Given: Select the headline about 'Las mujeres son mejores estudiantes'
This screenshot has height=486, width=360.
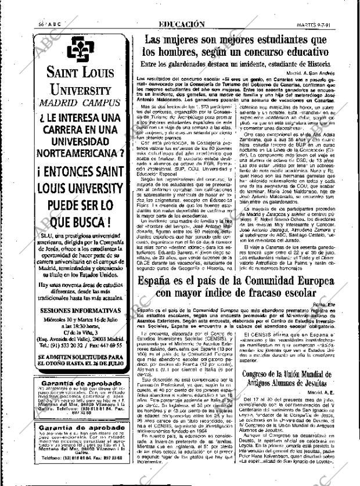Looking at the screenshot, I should point(244,45).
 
